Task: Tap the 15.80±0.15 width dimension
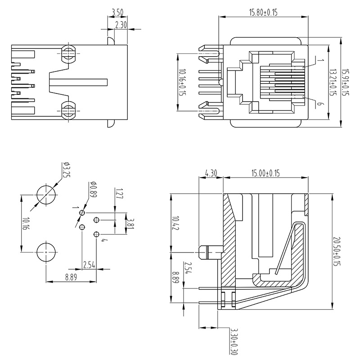coord(263,13)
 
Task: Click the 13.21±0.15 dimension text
coord(332,82)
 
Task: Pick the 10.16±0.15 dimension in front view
coord(182,82)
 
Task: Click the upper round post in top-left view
coord(68,53)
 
